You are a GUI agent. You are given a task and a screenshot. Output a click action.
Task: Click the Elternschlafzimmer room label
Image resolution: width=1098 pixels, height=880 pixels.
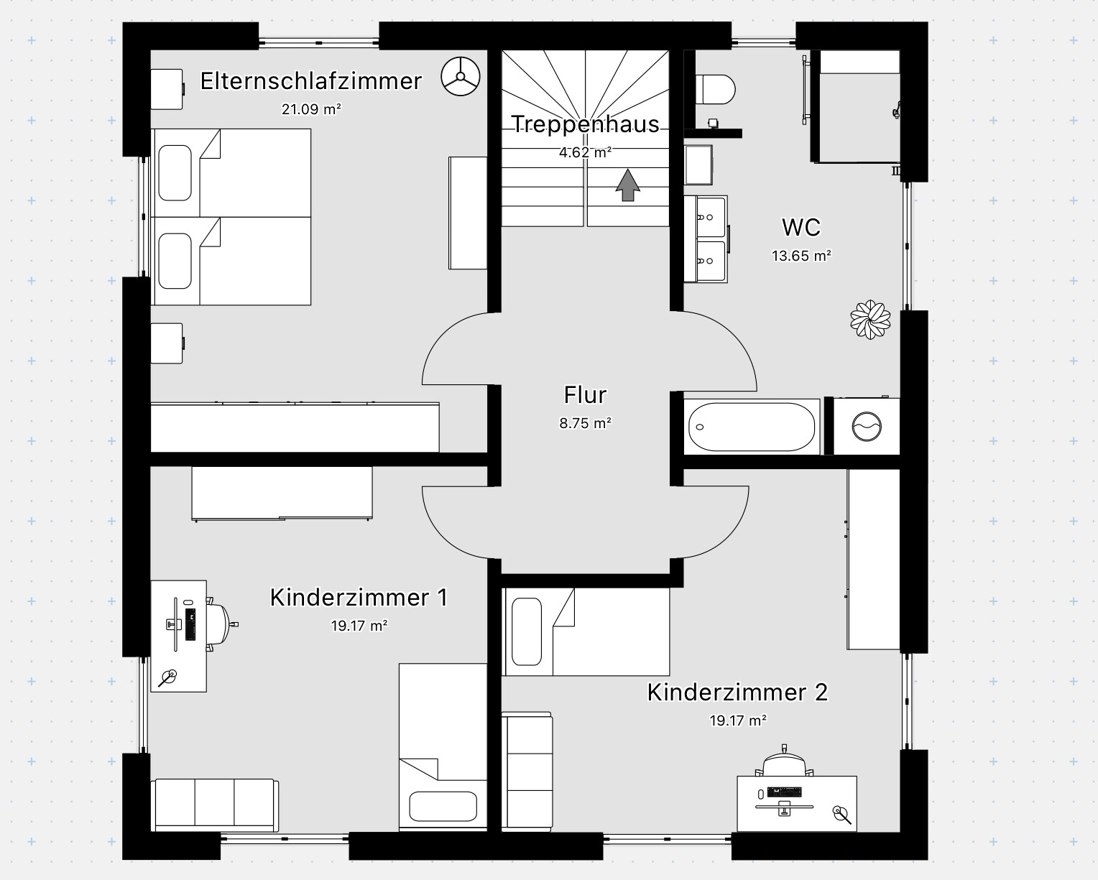tap(310, 81)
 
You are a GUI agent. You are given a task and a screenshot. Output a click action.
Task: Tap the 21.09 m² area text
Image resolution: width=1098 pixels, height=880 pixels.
tap(311, 109)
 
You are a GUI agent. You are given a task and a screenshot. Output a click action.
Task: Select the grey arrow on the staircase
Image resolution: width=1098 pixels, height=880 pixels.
tap(627, 185)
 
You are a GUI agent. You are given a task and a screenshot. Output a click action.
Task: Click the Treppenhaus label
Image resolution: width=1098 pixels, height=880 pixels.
tap(585, 124)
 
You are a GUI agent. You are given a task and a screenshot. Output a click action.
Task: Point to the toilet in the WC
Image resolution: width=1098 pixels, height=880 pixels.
tap(715, 89)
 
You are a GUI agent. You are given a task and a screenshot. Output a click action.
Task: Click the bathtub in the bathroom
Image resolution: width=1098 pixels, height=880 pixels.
tap(752, 427)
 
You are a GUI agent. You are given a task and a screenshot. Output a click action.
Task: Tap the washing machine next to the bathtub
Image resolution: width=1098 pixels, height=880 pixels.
tap(867, 426)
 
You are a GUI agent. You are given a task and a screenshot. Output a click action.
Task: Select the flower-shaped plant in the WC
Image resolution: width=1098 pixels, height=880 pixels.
tap(870, 320)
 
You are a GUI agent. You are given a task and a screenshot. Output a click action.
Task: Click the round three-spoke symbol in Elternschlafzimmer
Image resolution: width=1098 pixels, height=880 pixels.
tap(460, 77)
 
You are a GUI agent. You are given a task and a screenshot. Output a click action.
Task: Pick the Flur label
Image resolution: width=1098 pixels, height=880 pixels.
tap(585, 395)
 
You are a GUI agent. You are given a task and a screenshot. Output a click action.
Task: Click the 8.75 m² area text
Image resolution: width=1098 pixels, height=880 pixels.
tap(585, 423)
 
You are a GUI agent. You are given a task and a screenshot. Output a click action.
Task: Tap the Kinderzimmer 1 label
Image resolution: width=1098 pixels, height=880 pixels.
tap(359, 598)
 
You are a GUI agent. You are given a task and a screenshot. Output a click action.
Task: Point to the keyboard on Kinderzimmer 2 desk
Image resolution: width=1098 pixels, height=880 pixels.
tap(784, 792)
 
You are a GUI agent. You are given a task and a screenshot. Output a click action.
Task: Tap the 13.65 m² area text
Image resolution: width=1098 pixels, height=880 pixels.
tap(801, 256)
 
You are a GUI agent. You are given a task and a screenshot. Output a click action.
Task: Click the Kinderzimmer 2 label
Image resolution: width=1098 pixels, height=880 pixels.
tap(737, 693)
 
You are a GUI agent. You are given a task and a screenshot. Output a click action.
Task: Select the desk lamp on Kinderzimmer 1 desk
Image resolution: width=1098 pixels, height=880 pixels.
tap(167, 678)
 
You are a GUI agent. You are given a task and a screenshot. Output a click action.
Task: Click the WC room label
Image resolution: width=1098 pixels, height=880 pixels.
tap(801, 228)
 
